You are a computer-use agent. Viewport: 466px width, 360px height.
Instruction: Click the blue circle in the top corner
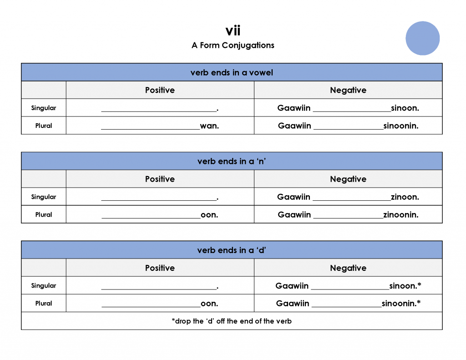(x=422, y=38)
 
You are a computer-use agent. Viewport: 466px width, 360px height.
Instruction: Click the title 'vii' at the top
(x=233, y=31)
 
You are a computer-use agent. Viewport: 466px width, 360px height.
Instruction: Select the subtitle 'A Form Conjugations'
(x=233, y=45)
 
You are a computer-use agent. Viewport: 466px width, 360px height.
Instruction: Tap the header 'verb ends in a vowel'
(x=232, y=72)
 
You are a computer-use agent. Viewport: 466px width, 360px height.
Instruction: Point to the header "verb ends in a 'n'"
(x=232, y=161)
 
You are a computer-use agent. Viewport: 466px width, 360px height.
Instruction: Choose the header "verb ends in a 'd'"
(x=232, y=250)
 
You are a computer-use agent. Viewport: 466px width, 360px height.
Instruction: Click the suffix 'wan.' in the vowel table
(x=209, y=126)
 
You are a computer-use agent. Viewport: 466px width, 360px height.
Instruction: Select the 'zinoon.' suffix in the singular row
(x=405, y=197)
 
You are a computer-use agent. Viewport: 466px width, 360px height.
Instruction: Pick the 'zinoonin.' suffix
(x=400, y=215)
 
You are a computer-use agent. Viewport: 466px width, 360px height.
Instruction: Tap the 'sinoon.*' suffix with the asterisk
(x=405, y=286)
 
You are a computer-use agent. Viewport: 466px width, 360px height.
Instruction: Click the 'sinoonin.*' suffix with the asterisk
(x=401, y=304)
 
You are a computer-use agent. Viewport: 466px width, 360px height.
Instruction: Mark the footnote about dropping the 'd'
(x=232, y=321)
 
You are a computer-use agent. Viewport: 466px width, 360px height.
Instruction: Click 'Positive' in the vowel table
(x=160, y=90)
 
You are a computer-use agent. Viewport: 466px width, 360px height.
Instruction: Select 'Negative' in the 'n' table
(x=348, y=179)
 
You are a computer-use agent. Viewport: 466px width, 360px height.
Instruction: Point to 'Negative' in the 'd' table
(x=348, y=268)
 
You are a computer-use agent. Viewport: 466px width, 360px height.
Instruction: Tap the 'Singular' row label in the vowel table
(x=44, y=108)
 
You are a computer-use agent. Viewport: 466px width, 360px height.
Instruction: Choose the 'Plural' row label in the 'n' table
(x=44, y=215)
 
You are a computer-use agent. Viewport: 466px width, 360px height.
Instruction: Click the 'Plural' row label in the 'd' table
(x=44, y=304)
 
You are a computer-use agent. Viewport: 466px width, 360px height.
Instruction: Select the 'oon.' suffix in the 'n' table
(x=209, y=215)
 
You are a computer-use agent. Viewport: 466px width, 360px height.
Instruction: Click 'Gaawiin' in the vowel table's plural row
(x=294, y=126)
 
